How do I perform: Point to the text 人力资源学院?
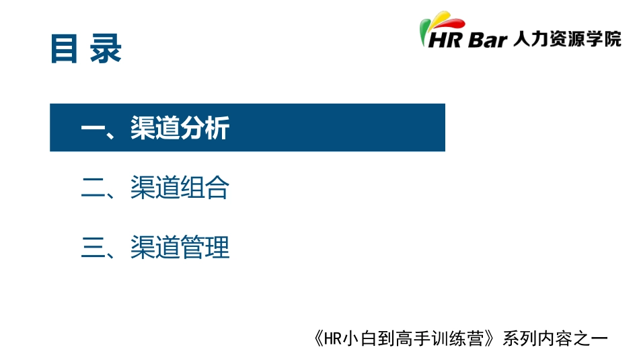[566, 39]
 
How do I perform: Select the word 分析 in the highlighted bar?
[205, 128]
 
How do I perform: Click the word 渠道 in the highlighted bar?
[155, 128]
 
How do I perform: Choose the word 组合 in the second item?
[205, 188]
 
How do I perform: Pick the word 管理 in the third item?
[205, 248]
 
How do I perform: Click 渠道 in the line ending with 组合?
[155, 188]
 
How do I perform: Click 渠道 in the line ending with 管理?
[155, 248]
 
